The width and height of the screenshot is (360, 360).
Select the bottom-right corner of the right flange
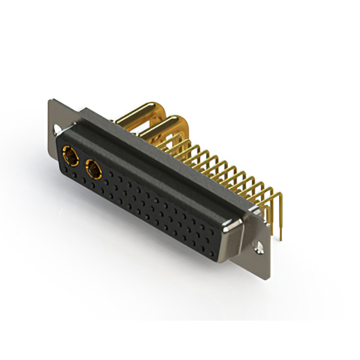click(269, 277)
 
